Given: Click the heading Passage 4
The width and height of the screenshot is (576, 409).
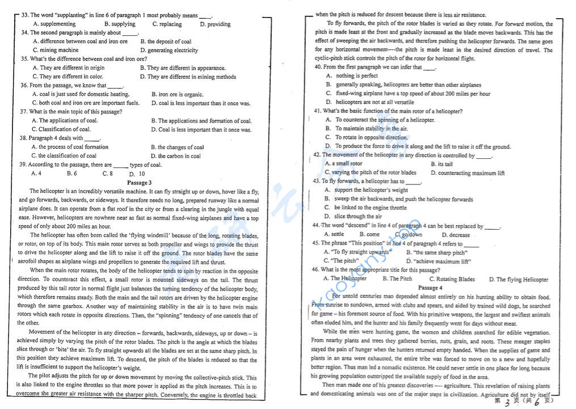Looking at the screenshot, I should (430, 288).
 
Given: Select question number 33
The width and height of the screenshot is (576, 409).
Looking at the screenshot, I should (24, 15).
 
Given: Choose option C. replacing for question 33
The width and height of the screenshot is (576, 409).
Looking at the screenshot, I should (167, 24).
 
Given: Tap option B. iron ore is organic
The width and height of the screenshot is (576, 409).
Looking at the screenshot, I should (180, 94).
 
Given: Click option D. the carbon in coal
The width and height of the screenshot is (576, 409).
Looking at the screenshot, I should (176, 156).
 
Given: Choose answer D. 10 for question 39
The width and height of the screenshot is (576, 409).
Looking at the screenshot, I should (137, 174).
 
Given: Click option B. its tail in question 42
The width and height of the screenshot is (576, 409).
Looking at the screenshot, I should (442, 164).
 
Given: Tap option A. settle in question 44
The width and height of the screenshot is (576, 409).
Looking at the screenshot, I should (334, 234).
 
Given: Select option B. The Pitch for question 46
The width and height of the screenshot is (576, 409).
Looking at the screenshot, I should (397, 279).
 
